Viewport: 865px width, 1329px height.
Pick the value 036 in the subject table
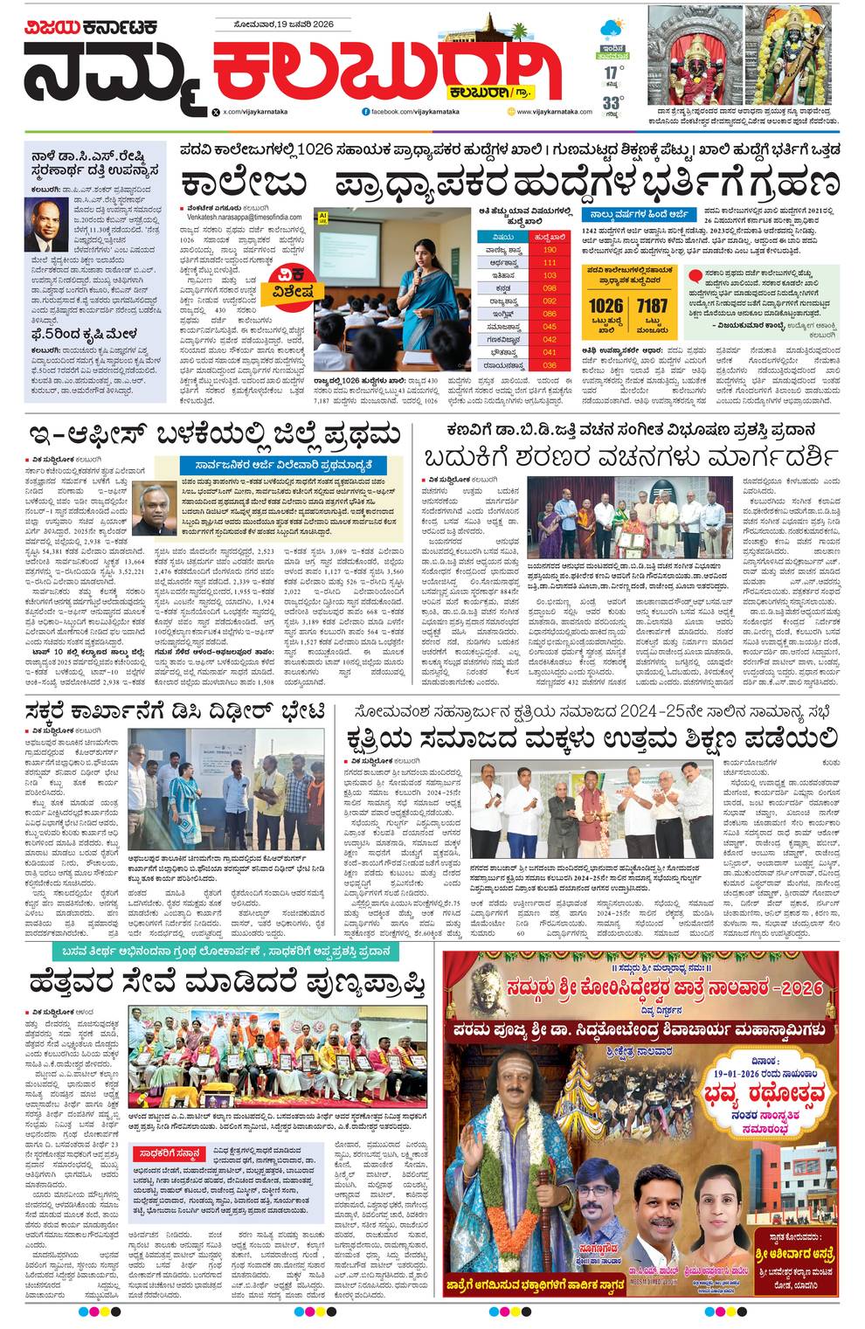point(550,365)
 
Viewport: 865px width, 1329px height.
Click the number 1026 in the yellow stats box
point(605,306)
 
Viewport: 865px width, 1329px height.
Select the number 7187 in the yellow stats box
point(652,306)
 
